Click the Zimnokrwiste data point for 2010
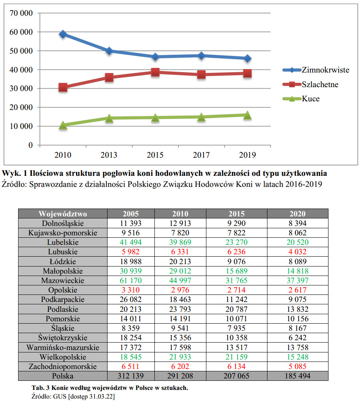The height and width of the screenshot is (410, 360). tap(63, 34)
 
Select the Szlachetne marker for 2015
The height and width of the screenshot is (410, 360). tap(155, 72)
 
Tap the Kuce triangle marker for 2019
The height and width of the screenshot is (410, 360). tap(247, 115)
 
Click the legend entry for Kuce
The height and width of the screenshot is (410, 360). tap(310, 99)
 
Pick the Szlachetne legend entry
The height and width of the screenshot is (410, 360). tap(320, 84)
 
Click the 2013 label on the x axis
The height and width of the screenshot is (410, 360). tap(109, 155)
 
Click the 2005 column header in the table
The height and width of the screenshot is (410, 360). tap(130, 214)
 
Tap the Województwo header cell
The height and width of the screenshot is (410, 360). tap(63, 214)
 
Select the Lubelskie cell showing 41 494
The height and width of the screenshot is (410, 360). tap(130, 242)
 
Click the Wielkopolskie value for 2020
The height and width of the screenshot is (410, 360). tap(297, 357)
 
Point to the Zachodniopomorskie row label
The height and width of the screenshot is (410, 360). tap(63, 366)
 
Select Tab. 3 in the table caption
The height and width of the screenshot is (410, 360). tap(40, 388)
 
